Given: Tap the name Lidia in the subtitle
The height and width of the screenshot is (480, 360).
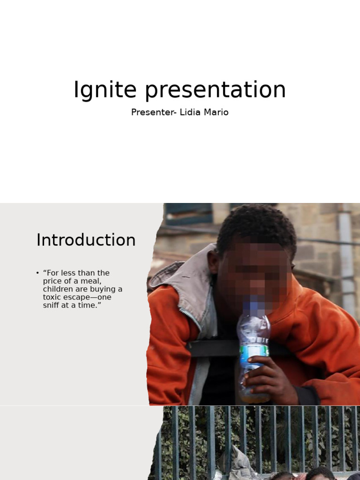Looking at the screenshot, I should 190,112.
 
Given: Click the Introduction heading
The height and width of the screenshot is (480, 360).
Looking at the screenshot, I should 86,240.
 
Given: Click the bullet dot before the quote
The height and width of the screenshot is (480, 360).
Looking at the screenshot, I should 37,273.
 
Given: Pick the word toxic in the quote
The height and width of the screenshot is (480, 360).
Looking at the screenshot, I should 52,297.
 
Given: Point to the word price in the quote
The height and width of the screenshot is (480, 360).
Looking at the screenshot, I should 53,281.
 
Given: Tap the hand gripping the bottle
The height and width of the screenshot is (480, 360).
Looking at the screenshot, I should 265,375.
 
